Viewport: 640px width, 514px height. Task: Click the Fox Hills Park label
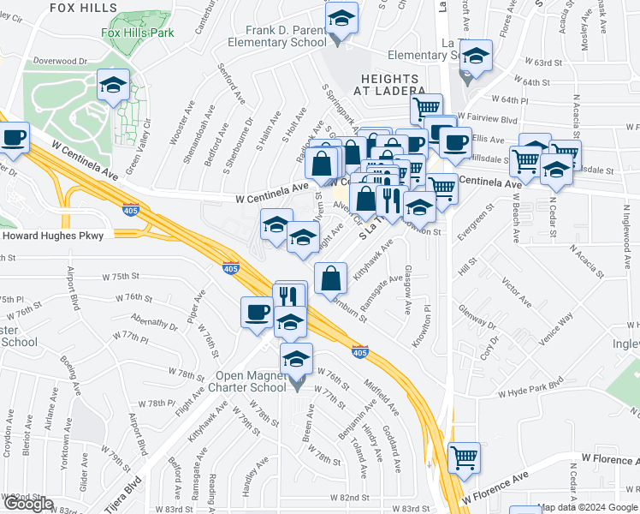(x=138, y=33)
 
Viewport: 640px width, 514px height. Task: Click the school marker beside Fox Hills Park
(x=113, y=85)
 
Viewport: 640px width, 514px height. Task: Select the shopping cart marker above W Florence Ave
(x=464, y=457)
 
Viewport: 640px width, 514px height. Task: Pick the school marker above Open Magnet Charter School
(x=297, y=358)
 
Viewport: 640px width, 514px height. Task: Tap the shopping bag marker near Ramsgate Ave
(x=330, y=278)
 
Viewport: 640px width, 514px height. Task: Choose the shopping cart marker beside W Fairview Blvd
(x=425, y=108)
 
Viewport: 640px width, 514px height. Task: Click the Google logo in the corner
(x=28, y=504)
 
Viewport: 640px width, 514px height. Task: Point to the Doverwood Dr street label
(x=61, y=62)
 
